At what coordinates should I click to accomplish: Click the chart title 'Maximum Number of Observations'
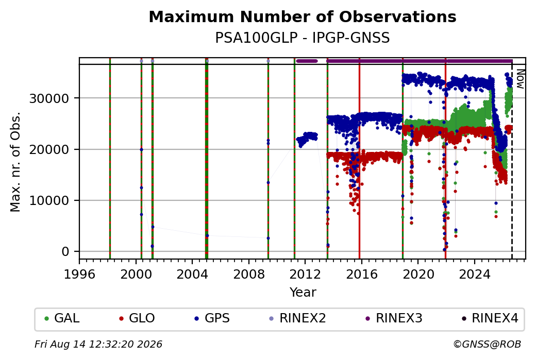pos(303,16)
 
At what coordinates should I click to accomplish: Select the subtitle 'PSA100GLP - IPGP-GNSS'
pos(302,38)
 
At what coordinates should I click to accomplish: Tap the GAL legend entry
pos(62,318)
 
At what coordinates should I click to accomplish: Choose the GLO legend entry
pos(137,318)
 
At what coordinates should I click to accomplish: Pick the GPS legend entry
pos(212,318)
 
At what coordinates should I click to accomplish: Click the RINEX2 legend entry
pos(297,318)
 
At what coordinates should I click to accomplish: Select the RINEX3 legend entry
pos(394,318)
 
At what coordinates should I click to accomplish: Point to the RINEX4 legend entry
pos(490,318)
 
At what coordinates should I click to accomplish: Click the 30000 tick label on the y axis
pos(49,99)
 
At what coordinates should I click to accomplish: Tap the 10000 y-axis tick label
pos(49,201)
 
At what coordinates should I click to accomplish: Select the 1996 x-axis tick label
pos(79,275)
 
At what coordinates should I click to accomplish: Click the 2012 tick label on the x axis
pos(305,275)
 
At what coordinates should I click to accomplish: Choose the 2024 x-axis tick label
pos(475,275)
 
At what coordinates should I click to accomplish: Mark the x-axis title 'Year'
pos(303,293)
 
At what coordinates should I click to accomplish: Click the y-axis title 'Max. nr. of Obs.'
pos(15,162)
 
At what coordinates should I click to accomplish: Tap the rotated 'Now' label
pos(520,79)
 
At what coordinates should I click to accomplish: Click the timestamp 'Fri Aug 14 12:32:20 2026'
pos(98,344)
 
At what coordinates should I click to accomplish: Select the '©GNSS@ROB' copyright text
pos(488,344)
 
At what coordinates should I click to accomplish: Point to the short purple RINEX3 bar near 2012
pos(307,61)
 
